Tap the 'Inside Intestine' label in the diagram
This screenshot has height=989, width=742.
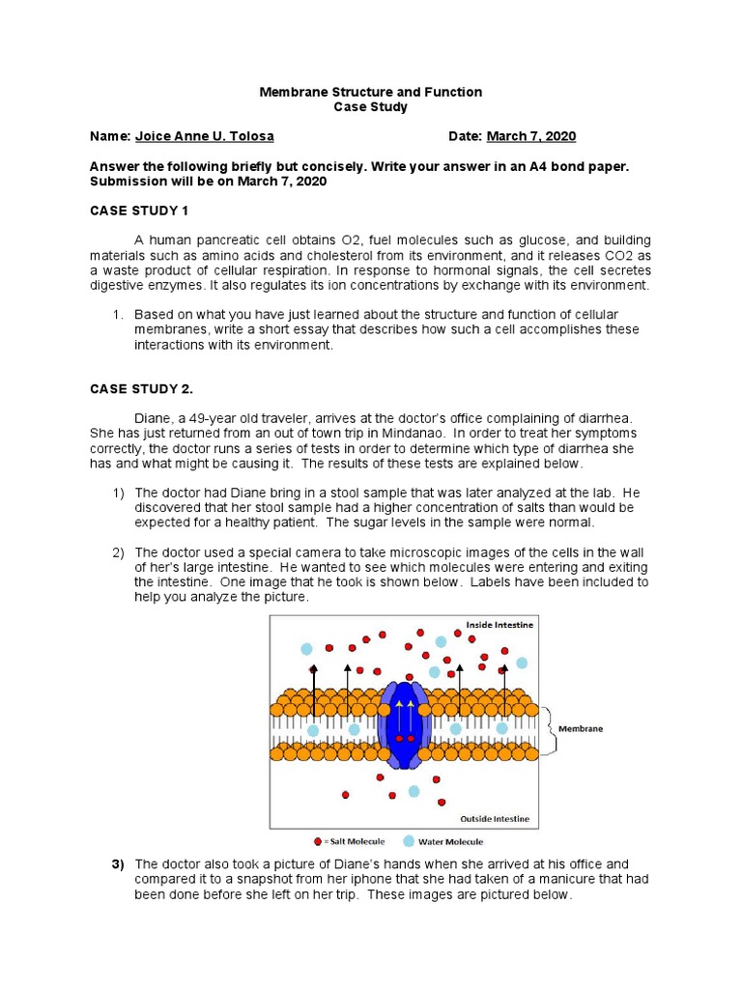(x=499, y=625)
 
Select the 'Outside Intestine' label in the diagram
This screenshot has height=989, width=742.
(x=495, y=819)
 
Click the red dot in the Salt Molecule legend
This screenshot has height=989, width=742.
(x=317, y=841)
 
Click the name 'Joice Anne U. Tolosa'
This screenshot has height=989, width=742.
(x=197, y=136)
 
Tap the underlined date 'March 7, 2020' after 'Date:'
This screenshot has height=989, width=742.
(x=530, y=136)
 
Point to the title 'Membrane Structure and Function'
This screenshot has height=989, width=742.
(x=371, y=92)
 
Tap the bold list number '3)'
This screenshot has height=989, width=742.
(x=120, y=863)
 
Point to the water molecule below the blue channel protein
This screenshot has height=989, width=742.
(x=414, y=791)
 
